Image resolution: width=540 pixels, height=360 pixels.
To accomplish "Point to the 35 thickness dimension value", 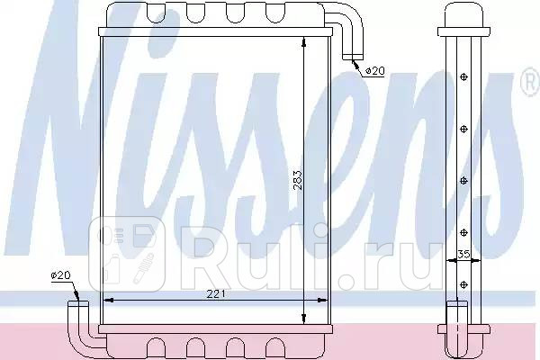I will [x=463, y=255].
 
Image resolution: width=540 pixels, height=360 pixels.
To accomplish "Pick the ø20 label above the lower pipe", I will [x=59, y=274].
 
